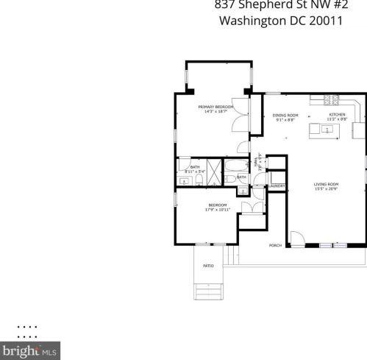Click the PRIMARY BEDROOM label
pos(216,107)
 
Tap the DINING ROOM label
pos(285,115)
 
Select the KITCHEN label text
pos(336,115)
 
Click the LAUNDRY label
pos(277,186)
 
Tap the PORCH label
pos(275,245)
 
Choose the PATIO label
pos(208,266)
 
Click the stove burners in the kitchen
pos(332,100)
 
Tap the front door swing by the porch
pos(295,238)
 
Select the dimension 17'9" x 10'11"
pos(218,210)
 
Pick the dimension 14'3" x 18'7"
pos(216,112)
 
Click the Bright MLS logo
pos(30,351)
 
